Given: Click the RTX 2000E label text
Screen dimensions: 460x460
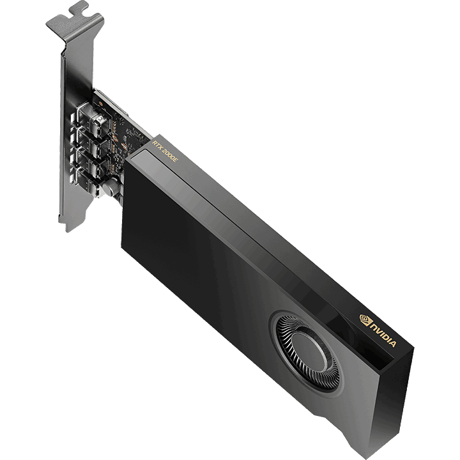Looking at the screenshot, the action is point(165,151).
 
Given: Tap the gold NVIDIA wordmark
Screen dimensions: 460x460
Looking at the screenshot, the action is point(384,335).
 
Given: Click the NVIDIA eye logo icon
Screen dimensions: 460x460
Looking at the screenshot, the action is point(365,319).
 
